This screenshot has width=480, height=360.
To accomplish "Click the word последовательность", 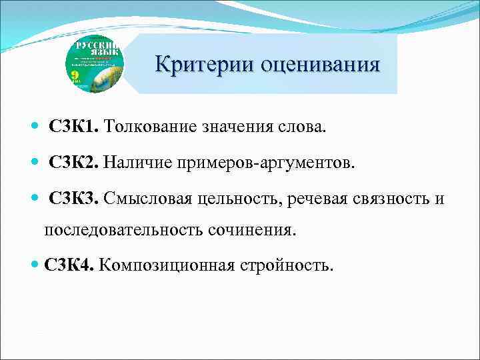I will (126, 230).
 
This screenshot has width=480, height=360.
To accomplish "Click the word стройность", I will (287, 266).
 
